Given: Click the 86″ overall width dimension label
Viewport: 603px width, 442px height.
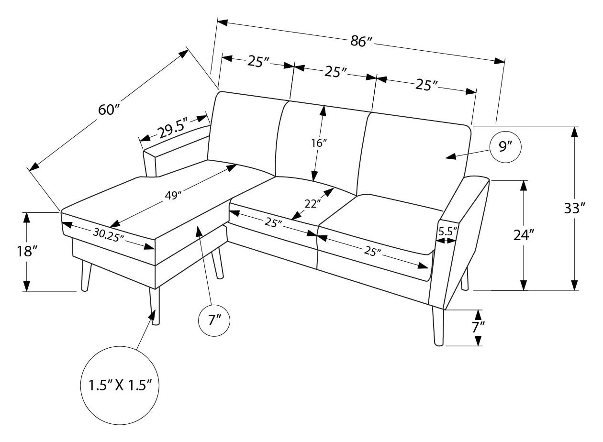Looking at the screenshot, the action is (x=361, y=42).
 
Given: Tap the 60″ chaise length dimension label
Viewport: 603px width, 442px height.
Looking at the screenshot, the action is (x=109, y=110).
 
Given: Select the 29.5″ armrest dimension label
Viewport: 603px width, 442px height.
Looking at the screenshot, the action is (x=172, y=130).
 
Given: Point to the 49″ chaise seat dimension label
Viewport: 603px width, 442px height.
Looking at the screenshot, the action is (x=172, y=196).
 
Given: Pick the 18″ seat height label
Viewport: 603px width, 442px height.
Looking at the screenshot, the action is (x=27, y=252).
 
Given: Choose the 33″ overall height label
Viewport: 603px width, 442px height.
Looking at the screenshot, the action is (x=575, y=208).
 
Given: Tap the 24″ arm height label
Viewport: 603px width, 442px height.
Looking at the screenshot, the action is (x=524, y=235).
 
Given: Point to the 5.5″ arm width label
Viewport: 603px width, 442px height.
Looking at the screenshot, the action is (x=448, y=231).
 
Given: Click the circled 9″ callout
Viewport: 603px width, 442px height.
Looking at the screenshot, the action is (x=505, y=147).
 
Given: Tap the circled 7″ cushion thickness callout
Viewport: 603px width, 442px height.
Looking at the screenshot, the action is (x=214, y=320).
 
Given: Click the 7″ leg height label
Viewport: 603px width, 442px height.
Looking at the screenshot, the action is (x=479, y=327).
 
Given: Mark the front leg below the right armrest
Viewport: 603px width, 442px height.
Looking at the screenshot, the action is (x=438, y=327).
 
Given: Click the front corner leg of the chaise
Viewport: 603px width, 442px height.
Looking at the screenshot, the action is (x=154, y=306).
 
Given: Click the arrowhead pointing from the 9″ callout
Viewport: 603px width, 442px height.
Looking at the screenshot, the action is (x=451, y=156).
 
